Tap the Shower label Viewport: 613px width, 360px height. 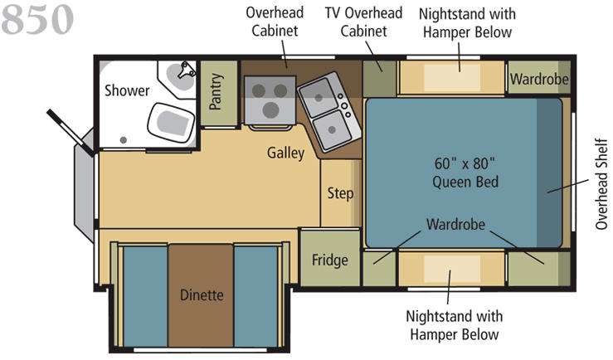coord(127,90)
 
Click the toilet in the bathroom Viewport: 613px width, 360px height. coord(171,122)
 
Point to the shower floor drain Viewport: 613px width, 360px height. coord(124,140)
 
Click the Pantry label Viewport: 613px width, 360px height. coord(216,91)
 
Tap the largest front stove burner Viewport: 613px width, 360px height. coord(270,109)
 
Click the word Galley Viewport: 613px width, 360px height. coord(285,153)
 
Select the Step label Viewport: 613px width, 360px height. coord(340,193)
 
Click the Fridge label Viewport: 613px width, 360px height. coord(329,260)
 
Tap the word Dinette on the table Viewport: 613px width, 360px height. coord(202,294)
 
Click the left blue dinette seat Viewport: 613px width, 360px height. coord(145,296)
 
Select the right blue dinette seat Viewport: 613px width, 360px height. coord(256,296)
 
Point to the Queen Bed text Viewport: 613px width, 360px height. coord(465,182)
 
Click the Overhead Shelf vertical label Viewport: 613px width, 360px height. coord(601,184)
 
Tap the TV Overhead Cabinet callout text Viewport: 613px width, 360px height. coord(363,22)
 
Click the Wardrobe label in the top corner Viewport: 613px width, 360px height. coord(539,80)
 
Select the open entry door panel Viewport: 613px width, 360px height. coord(71,133)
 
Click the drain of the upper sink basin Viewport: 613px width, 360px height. coord(319,98)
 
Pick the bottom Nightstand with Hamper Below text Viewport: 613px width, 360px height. coord(455,325)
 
